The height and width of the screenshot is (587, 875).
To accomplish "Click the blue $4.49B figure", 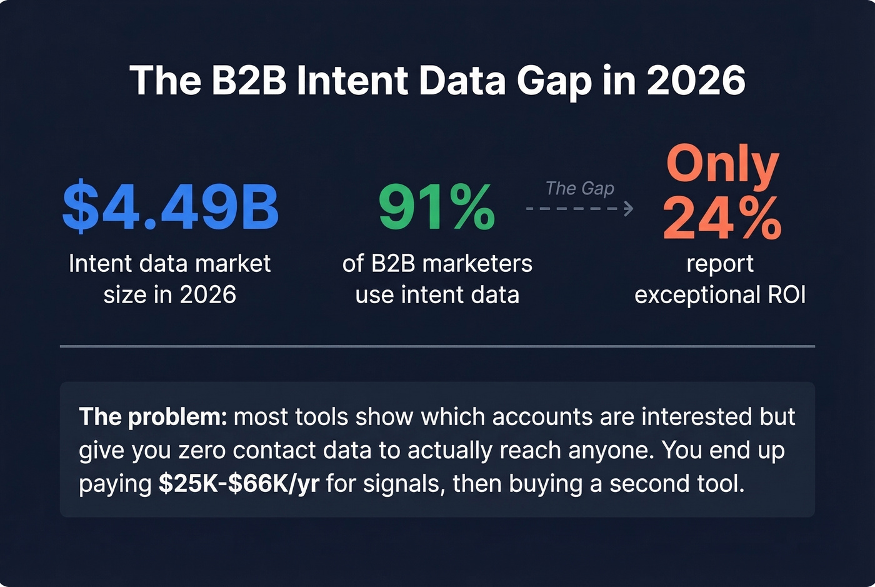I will pos(170,206).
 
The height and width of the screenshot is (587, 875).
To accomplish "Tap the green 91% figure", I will pos(436,208).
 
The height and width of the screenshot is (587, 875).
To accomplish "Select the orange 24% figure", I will pos(722,218).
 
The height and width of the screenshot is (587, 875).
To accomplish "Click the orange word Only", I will pos(722,164).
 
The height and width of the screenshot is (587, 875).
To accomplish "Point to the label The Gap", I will pos(579,188).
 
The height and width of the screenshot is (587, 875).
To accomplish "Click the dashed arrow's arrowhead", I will pos(629,208).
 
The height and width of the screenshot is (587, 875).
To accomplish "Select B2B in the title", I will pos(249,81).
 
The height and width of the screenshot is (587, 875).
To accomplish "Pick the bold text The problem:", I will pos(153,416).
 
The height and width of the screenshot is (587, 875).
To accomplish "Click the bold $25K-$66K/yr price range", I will pos(239,483).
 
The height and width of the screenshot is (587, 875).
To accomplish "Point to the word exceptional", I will pos(692,295).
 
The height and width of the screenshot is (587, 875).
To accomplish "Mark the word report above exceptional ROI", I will pos(720,264).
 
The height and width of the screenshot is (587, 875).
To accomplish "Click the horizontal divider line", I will pos(437,346).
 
